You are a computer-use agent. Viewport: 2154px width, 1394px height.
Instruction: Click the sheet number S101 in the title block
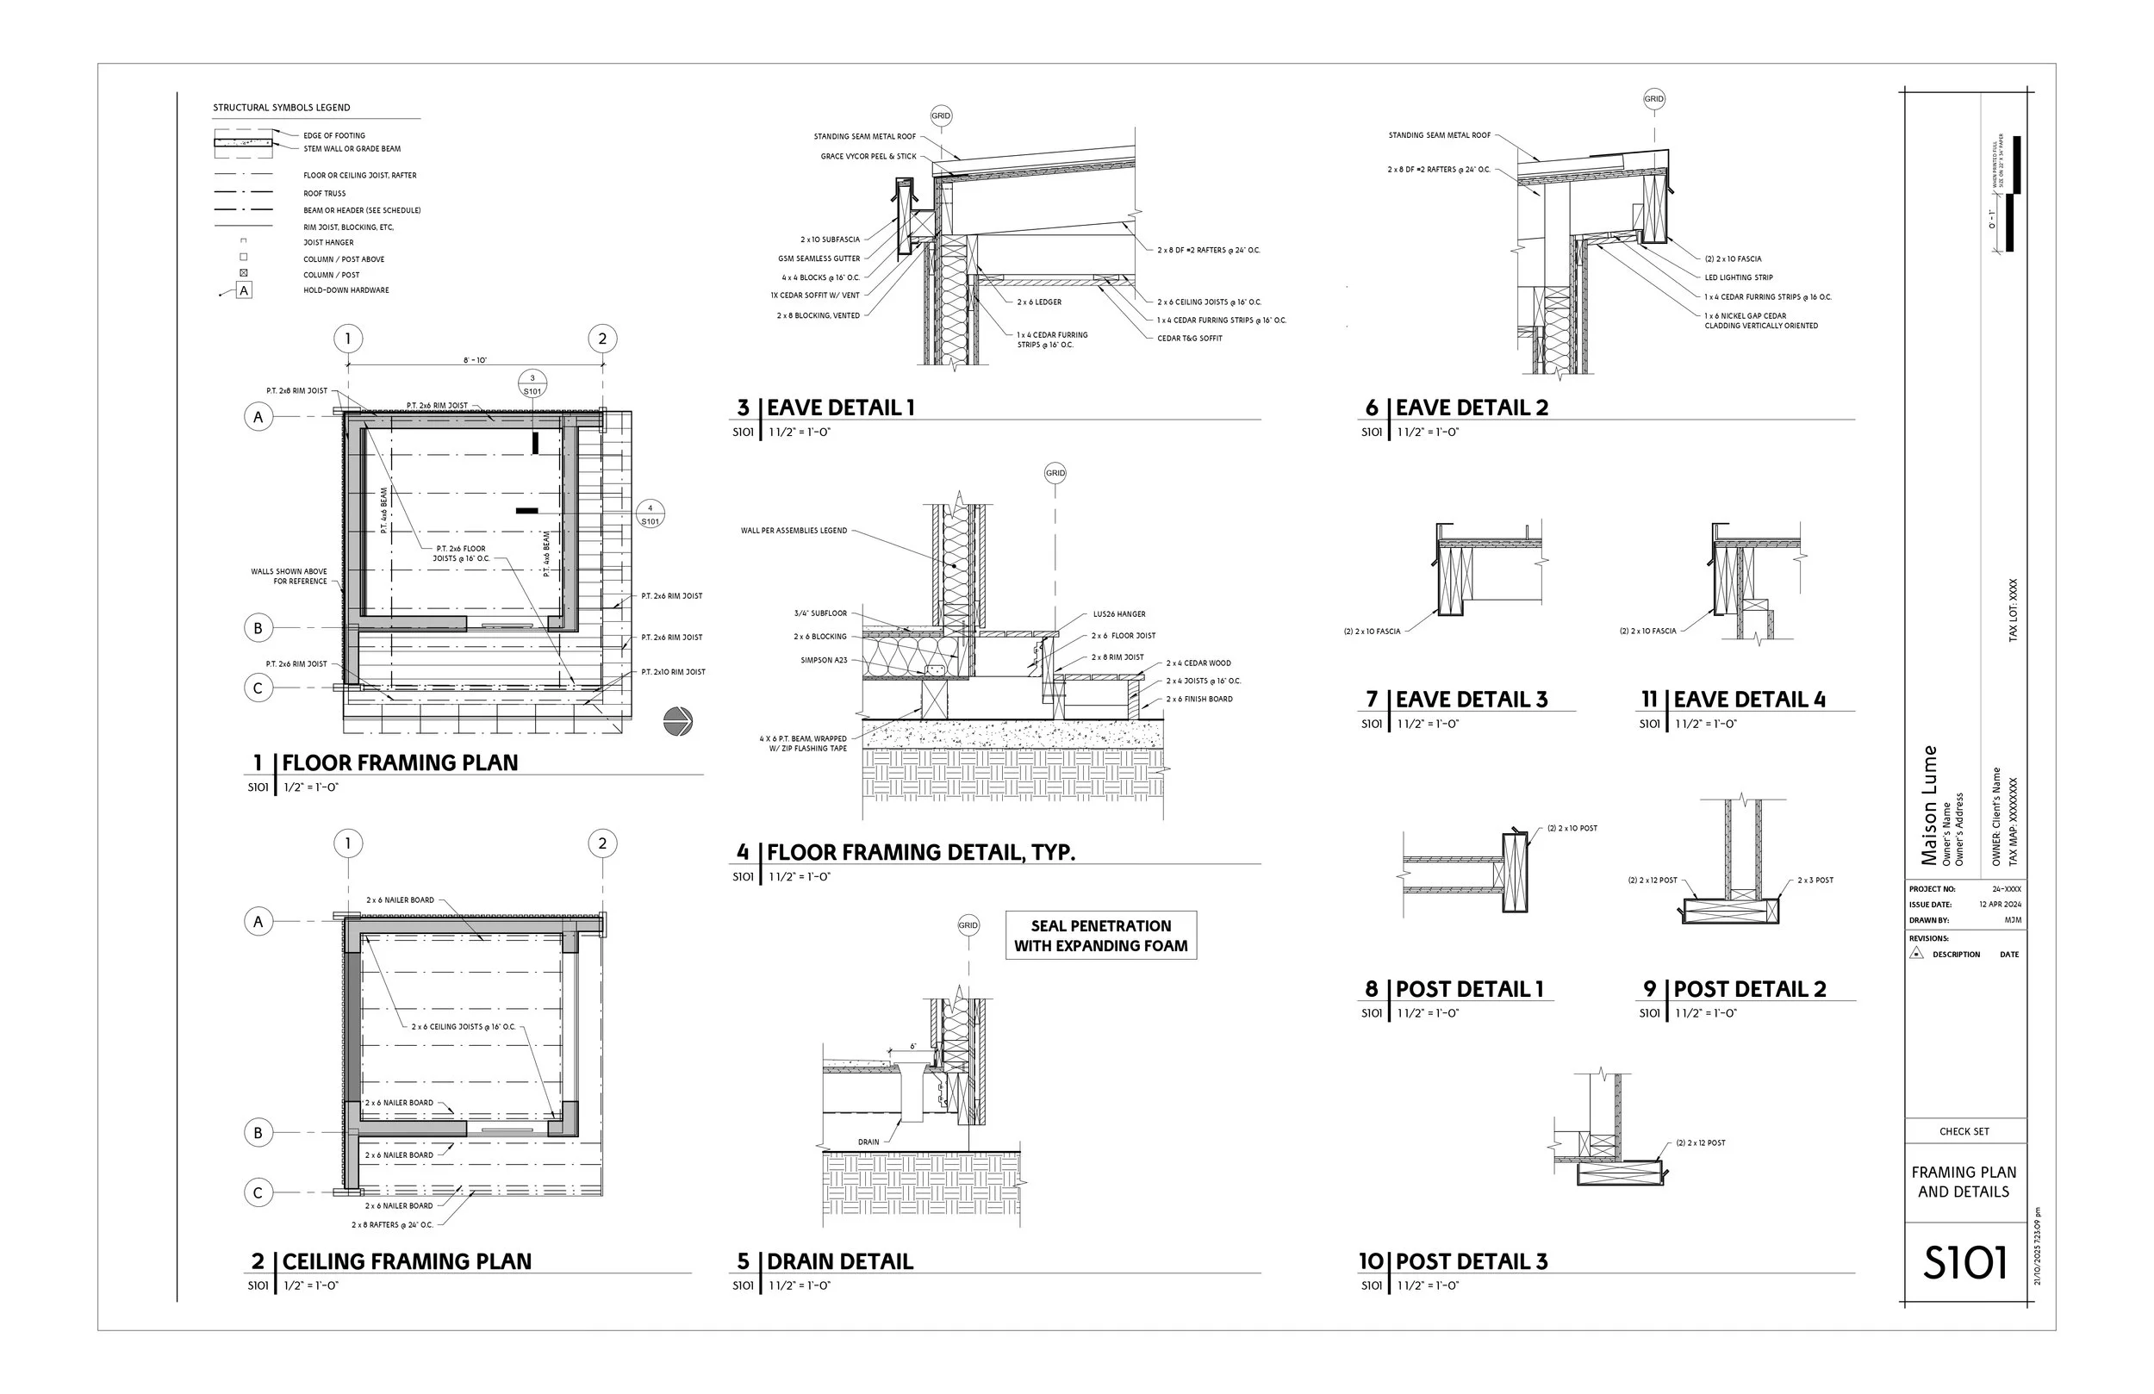click(1964, 1263)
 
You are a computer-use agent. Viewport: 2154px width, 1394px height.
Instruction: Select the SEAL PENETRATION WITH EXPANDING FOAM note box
click(1100, 935)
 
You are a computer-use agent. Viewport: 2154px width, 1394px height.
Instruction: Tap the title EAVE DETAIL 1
click(840, 408)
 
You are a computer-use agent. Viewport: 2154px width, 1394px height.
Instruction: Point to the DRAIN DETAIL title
click(839, 1261)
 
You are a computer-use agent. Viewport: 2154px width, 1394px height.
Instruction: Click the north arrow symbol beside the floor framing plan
click(678, 721)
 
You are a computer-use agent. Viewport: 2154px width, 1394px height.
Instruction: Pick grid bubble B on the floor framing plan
click(258, 627)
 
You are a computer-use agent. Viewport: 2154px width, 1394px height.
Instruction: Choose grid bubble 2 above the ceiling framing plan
click(603, 843)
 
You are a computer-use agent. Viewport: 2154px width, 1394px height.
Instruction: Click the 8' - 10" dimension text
click(475, 360)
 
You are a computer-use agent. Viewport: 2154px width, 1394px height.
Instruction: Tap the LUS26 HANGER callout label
click(1118, 613)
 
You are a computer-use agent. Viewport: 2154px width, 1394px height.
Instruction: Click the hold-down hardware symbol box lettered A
click(244, 290)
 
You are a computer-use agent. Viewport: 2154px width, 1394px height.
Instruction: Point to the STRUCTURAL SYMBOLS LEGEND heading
click(282, 108)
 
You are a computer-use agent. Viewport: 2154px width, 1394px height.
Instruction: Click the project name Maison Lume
click(1928, 805)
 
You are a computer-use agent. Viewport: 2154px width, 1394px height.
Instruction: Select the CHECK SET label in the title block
click(1964, 1131)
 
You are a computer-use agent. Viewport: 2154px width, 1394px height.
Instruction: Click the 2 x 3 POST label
click(1815, 880)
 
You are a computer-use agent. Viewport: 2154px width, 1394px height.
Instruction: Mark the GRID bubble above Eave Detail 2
click(1653, 99)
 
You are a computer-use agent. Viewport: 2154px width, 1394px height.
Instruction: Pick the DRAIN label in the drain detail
click(868, 1142)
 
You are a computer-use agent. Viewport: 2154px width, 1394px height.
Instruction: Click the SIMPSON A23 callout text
click(824, 661)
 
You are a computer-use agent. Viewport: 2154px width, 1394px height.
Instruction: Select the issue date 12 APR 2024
click(1999, 905)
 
